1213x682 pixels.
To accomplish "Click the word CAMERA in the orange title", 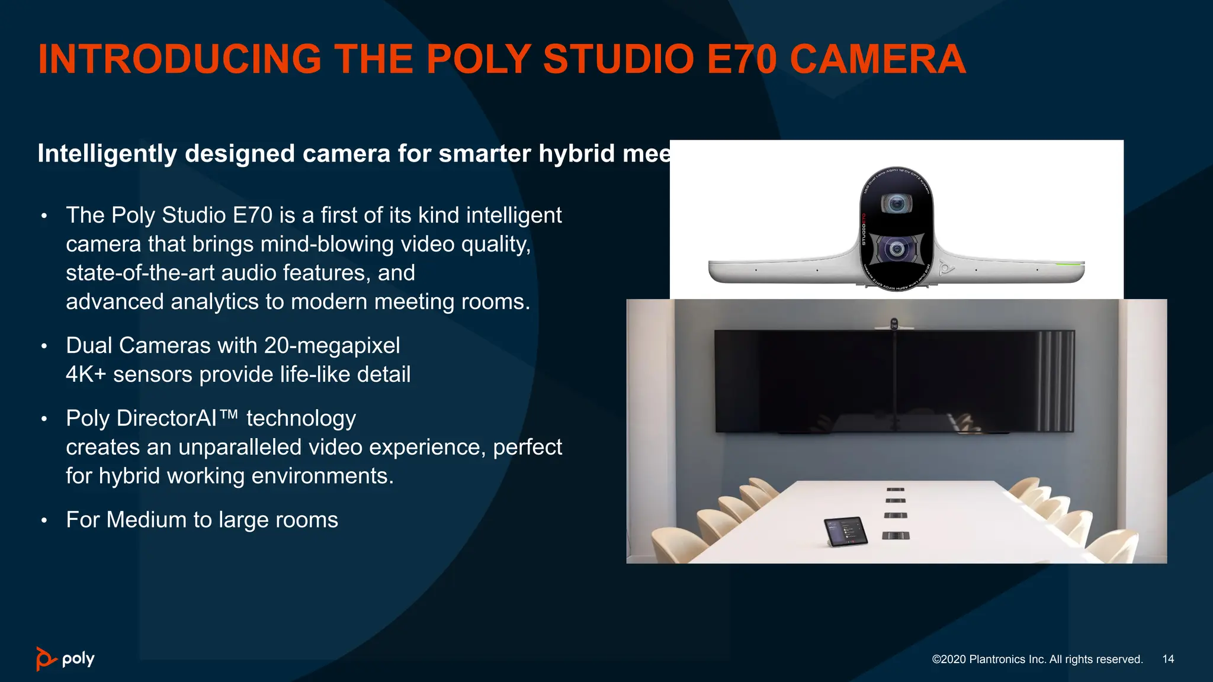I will pos(877,59).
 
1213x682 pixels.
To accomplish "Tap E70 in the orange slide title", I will pos(742,59).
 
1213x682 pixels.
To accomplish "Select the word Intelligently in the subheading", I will pos(107,154).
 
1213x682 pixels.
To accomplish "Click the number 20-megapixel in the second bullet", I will pos(332,345).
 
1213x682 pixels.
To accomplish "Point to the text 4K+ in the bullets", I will pos(85,374).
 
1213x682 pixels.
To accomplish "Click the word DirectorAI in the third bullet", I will pos(167,418).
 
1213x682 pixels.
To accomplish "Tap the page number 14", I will pos(1168,659).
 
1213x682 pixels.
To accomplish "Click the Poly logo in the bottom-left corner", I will pos(65,659).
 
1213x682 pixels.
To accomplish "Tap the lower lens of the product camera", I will pos(897,249).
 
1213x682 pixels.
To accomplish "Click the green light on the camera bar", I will pos(1069,265).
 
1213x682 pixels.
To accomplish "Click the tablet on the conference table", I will pos(846,531).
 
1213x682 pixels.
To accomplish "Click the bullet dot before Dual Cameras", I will pos(44,346).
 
